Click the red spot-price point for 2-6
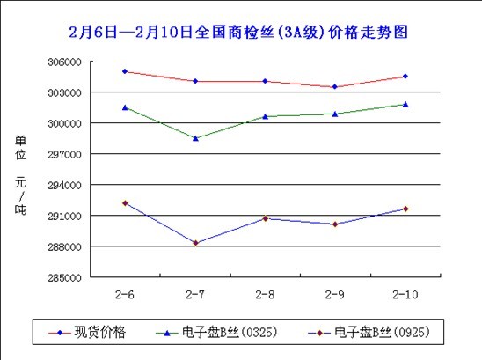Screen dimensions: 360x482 point(125,71)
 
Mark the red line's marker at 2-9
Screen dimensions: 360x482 point(334,87)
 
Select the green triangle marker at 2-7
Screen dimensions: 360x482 point(195,138)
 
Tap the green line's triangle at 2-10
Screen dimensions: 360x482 point(405,104)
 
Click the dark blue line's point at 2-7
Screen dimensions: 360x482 point(195,243)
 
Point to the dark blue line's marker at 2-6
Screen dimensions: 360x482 point(125,203)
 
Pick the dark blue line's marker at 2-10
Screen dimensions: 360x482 point(405,209)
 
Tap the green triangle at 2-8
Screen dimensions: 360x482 point(265,116)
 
